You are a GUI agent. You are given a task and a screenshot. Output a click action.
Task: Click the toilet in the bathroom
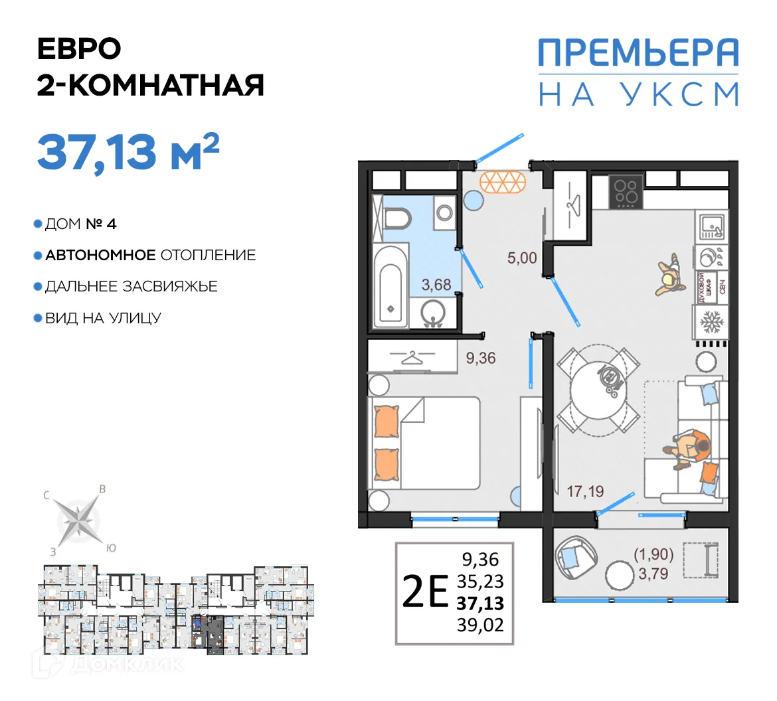click(398, 218)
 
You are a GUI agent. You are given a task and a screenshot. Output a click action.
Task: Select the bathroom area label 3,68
click(436, 285)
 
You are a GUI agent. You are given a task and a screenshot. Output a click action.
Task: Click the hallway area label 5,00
click(522, 258)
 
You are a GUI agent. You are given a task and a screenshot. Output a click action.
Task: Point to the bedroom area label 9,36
click(481, 358)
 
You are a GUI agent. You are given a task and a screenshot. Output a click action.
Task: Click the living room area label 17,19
click(585, 492)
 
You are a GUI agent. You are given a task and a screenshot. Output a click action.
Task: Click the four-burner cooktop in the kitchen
click(626, 191)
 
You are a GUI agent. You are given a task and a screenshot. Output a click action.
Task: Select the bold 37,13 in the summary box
click(480, 603)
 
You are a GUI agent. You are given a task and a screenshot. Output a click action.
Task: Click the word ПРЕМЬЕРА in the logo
click(638, 52)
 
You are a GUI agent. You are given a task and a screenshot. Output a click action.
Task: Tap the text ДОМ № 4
click(80, 224)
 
